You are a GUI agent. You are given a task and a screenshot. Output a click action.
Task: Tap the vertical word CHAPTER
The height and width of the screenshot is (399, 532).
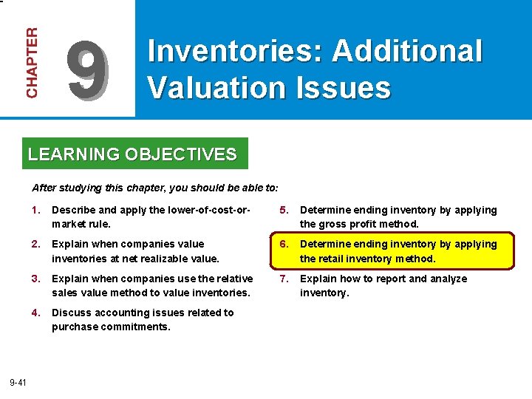coord(32,62)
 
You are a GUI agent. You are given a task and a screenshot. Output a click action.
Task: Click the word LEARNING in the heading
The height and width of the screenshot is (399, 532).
coord(74,154)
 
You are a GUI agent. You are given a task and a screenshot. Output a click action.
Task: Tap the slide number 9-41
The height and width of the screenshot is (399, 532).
coord(18,382)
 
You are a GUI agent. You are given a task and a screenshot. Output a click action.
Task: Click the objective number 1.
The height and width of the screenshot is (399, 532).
coord(35,210)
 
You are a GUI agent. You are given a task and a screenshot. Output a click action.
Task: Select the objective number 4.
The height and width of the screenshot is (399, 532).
coord(35,313)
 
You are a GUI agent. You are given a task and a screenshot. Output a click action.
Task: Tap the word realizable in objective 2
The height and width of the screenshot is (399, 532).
coord(157,259)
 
